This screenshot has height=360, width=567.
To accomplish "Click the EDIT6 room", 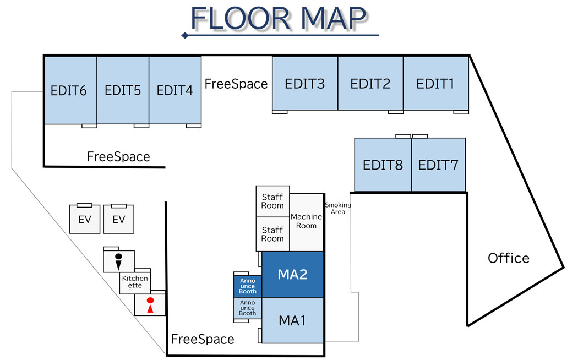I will pos(70,90).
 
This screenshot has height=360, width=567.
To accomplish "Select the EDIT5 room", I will pos(123,90).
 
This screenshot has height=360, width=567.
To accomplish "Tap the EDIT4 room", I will pos(175,90).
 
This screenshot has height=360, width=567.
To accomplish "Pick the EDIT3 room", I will pos(304,84).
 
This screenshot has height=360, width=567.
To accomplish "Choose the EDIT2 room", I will pos(370,84).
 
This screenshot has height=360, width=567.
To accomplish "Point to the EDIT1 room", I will pos(435,84).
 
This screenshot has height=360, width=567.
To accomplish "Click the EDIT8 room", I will pos(383,165).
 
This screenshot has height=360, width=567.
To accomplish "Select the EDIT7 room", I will pos(438,165).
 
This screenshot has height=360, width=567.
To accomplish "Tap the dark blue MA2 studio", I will pos(292,274).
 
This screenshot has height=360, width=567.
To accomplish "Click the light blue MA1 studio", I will pos(292,320).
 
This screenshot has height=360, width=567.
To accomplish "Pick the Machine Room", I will pos(306,221).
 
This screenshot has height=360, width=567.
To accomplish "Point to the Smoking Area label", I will pos(337,208).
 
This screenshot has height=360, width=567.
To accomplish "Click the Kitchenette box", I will pos(135,282).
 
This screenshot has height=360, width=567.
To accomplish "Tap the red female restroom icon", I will pos(149,305).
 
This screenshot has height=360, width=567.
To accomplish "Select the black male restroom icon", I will pos(118,260).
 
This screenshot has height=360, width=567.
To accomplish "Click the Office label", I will pos(509,258).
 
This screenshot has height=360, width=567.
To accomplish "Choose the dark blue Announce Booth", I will pos(248,285).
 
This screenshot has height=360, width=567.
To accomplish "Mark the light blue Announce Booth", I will pos(248,308).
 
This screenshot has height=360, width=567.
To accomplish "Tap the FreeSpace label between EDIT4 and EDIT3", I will pos(236,84).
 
